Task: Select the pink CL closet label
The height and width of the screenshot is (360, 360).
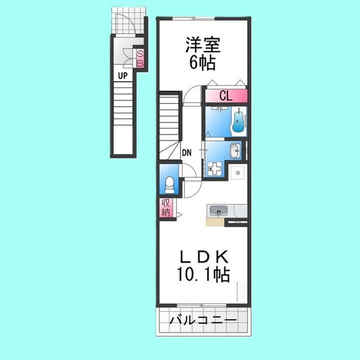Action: tap(225, 96)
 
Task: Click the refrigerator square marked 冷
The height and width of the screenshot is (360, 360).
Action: tap(238, 172)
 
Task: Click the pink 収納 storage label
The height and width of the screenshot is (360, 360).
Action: tap(165, 207)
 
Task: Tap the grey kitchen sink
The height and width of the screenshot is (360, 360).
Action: tap(219, 209)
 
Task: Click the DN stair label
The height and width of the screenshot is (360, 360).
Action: tap(187, 152)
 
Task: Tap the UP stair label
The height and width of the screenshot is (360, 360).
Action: tap(122, 75)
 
